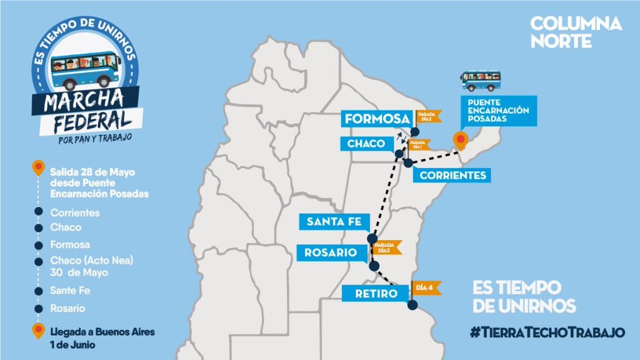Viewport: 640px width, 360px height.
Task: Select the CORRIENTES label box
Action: pos(452,176)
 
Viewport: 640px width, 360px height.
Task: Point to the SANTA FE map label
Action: pos(334,221)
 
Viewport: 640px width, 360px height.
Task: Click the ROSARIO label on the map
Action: pos(331,252)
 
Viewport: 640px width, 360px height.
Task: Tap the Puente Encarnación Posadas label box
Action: pos(497,111)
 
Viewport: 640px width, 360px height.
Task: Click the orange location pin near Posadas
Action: pos(461,140)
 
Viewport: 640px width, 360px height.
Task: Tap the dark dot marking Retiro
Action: pos(412,305)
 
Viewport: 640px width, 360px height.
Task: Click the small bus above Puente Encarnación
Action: pos(481,80)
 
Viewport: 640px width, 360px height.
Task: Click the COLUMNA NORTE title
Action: pos(576,32)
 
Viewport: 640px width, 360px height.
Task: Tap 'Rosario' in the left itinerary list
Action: pos(67,308)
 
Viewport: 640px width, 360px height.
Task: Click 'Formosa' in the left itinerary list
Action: pos(70,244)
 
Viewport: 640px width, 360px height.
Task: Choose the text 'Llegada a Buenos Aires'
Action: pos(102,331)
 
